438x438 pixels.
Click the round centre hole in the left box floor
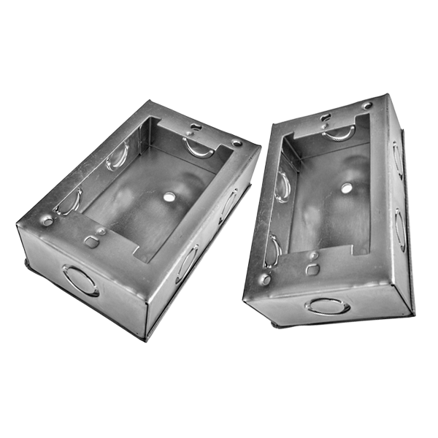pyautogui.click(x=167, y=197)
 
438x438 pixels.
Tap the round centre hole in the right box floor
pyautogui.click(x=346, y=188)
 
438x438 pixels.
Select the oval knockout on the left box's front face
pyautogui.click(x=80, y=280)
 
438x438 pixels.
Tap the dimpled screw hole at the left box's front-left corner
pyautogui.click(x=47, y=220)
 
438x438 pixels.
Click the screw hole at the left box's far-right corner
pyautogui.click(x=237, y=142)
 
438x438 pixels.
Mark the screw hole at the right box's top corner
pyautogui.click(x=366, y=106)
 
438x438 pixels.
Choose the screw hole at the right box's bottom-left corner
pyautogui.click(x=265, y=279)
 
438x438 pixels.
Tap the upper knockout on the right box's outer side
pyautogui.click(x=398, y=158)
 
